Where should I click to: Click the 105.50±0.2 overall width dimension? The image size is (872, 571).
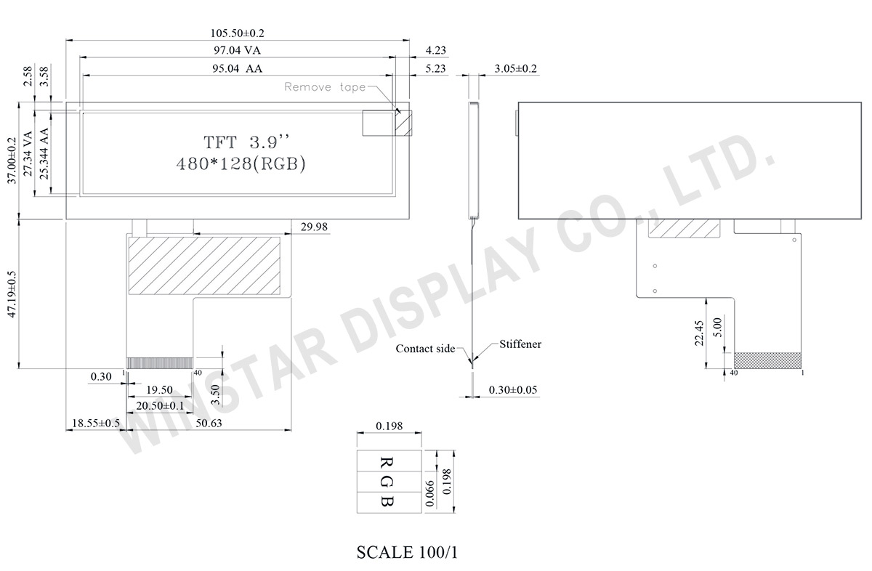237,33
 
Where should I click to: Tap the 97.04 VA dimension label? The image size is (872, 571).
237,50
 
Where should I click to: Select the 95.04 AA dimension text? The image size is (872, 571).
237,68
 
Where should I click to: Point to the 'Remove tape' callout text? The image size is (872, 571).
325,86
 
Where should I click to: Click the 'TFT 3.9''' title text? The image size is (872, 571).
246,142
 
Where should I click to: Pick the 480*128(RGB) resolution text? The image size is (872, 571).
241,164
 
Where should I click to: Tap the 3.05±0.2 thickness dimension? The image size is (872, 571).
515,68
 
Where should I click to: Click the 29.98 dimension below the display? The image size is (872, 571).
314,227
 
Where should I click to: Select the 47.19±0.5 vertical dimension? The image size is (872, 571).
12,294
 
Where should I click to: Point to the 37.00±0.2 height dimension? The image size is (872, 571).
12,161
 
